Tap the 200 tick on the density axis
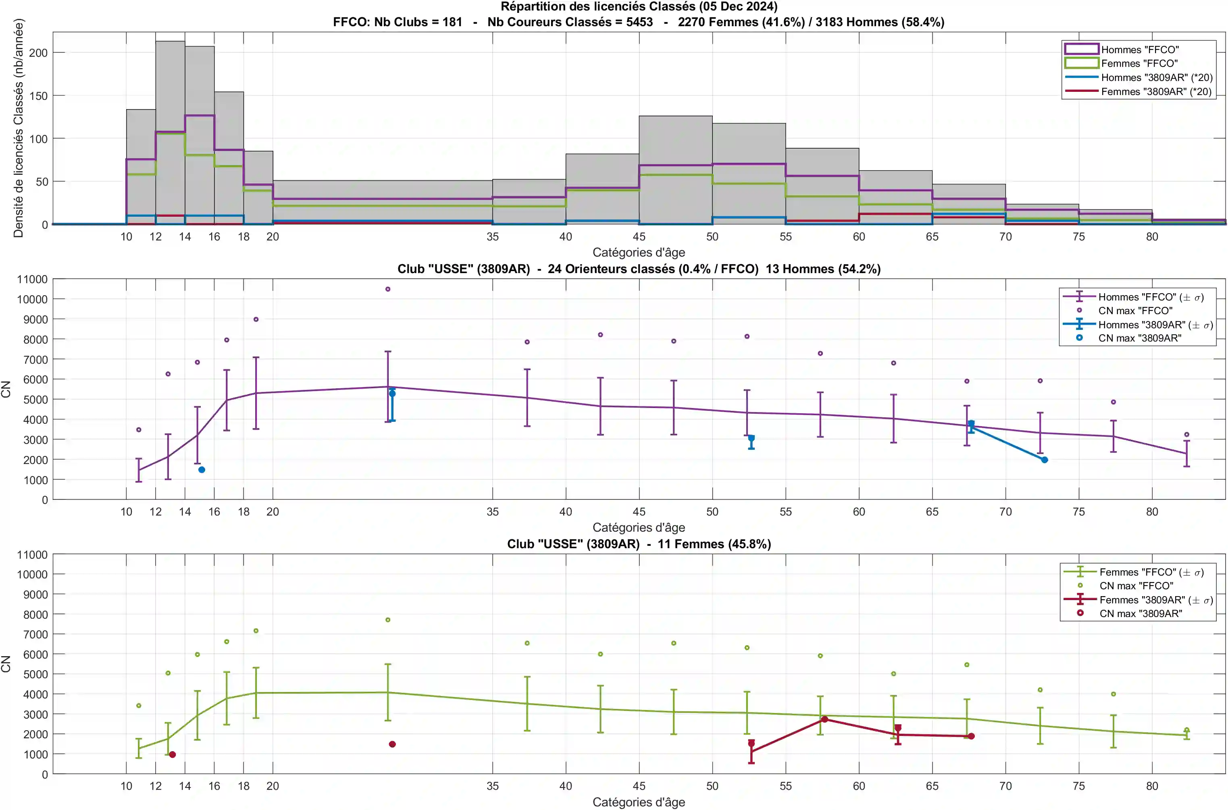tap(38, 53)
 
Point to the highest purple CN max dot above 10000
tap(388, 289)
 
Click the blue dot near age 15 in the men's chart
tap(202, 470)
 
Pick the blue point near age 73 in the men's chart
tap(1045, 460)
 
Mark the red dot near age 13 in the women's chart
tap(173, 755)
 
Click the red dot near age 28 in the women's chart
tap(392, 744)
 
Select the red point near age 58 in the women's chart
tap(825, 719)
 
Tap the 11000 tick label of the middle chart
tap(32, 280)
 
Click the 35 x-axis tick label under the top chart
tap(493, 236)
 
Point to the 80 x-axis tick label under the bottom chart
tap(1152, 786)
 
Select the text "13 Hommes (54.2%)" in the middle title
tap(823, 269)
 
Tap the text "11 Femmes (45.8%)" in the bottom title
tap(714, 544)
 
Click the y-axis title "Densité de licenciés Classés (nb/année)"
tap(19, 128)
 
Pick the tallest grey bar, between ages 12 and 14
tap(170, 133)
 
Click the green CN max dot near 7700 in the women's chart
tap(388, 620)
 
